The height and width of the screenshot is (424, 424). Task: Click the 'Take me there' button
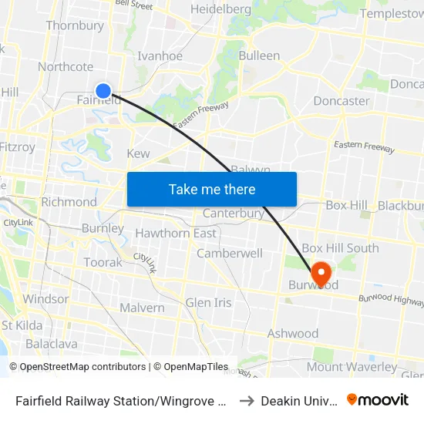(212, 189)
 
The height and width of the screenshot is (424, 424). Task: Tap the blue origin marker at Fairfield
(103, 91)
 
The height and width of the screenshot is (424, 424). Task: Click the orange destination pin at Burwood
(320, 273)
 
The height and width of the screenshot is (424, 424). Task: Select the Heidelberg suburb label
(220, 9)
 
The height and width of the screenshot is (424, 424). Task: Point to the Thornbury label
(75, 25)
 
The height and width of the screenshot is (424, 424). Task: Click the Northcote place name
(66, 67)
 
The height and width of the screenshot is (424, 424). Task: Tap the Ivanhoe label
(160, 56)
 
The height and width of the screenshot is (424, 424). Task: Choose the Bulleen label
(259, 56)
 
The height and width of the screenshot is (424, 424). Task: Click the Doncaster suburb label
(342, 101)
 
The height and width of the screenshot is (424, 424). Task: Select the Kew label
(138, 153)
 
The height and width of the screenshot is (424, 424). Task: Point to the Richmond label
(69, 202)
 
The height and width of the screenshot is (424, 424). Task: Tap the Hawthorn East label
(176, 233)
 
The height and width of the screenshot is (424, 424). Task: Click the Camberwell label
(230, 253)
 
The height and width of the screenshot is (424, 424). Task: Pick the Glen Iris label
(208, 302)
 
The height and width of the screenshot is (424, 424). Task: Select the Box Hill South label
(340, 248)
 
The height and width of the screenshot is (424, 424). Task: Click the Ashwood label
(292, 334)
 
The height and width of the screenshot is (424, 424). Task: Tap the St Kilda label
(22, 325)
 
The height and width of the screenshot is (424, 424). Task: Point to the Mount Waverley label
(352, 367)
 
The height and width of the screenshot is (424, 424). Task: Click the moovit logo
(377, 399)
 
